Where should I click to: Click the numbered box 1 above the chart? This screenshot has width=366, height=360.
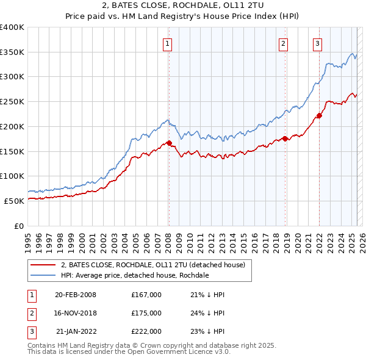pos(167,43)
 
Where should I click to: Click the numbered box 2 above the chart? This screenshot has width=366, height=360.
pos(284,43)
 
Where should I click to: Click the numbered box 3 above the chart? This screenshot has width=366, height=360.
pos(318,43)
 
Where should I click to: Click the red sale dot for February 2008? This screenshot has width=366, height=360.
pos(170,143)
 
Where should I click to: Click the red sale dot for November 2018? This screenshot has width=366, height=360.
pos(285,139)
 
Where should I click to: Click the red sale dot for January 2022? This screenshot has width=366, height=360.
pos(319,116)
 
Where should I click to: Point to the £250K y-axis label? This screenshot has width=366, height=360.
pos(12,101)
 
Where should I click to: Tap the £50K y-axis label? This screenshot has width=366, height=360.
pos(14,201)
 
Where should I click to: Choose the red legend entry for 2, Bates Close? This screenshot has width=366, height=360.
pos(152,265)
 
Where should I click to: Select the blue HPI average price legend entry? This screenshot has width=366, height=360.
pos(135,275)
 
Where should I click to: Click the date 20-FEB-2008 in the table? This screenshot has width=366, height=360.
pos(76,295)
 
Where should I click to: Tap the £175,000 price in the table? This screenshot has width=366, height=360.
pos(146,313)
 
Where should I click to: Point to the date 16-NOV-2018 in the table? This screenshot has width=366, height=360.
pos(76,313)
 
